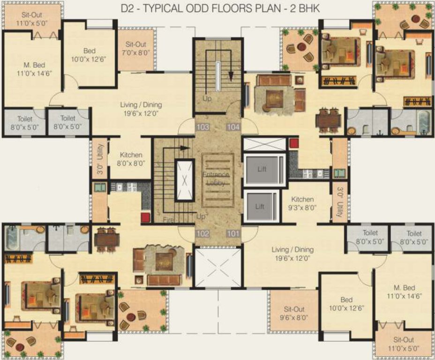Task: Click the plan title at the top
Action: (x=217, y=9)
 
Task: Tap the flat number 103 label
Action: (x=202, y=127)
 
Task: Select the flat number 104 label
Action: (x=233, y=127)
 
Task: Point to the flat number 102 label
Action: (x=202, y=233)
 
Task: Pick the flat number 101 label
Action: (x=233, y=233)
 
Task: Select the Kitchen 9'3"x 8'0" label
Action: (x=302, y=203)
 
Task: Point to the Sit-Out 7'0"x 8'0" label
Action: (x=136, y=49)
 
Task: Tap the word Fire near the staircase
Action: (x=169, y=219)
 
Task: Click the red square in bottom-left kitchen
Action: (x=145, y=217)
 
